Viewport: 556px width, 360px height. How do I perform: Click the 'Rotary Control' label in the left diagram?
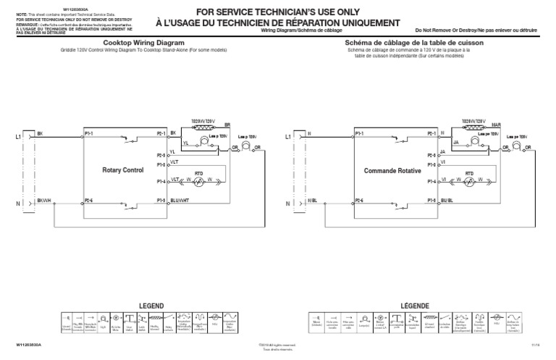125,169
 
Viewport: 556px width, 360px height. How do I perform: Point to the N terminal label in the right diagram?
288,204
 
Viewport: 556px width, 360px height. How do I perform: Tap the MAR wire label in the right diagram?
496,125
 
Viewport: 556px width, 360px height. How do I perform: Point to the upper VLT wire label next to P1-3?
174,163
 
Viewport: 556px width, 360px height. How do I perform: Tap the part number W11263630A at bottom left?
21,346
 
